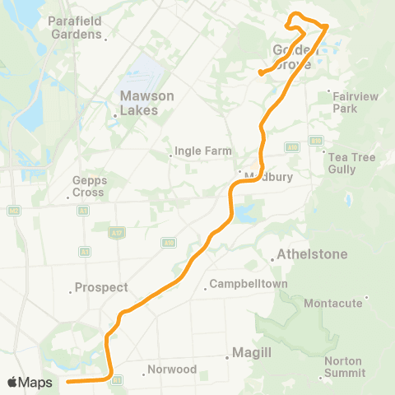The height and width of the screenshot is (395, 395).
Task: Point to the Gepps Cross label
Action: coord(88,186)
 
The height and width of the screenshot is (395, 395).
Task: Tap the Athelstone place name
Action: coord(313,253)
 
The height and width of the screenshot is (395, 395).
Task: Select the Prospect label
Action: coord(101,287)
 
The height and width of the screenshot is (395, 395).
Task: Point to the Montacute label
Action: coord(333,303)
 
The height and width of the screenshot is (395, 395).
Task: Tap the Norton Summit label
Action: coord(344,366)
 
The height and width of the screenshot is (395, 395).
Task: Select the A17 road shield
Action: coord(119,231)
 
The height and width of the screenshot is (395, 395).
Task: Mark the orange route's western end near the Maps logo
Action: coord(67,381)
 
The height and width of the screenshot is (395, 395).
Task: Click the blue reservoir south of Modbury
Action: coord(244,215)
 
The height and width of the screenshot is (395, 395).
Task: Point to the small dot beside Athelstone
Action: coord(272,260)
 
